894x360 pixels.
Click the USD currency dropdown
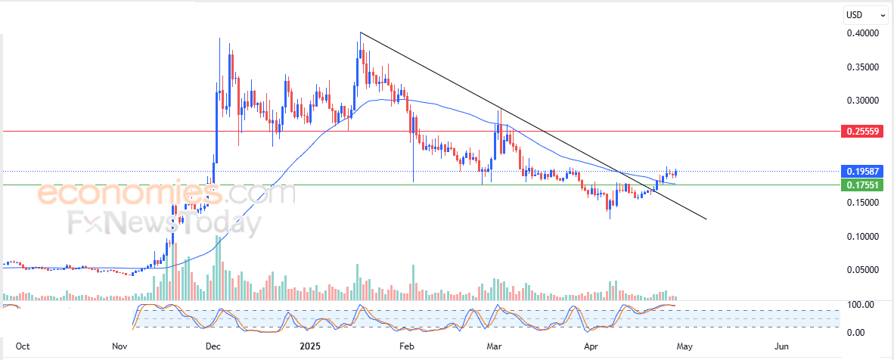pyautogui.click(x=865, y=14)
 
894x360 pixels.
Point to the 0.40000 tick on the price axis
pyautogui.click(x=862, y=33)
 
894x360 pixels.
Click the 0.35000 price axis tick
pyautogui.click(x=862, y=67)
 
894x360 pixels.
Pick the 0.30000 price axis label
pyautogui.click(x=862, y=100)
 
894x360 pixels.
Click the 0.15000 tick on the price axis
pyautogui.click(x=862, y=203)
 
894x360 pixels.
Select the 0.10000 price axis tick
pyautogui.click(x=862, y=236)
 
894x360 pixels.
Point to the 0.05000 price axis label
pyautogui.click(x=862, y=269)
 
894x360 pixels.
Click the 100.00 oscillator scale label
pyautogui.click(x=861, y=305)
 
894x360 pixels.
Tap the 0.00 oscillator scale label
pyautogui.click(x=855, y=332)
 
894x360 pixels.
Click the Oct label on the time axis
pyautogui.click(x=23, y=346)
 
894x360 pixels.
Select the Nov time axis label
pyautogui.click(x=120, y=346)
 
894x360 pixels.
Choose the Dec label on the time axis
pyautogui.click(x=213, y=346)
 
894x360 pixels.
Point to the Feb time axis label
pyautogui.click(x=407, y=346)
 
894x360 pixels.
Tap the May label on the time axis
pyautogui.click(x=684, y=346)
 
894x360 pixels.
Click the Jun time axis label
pyautogui.click(x=782, y=346)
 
